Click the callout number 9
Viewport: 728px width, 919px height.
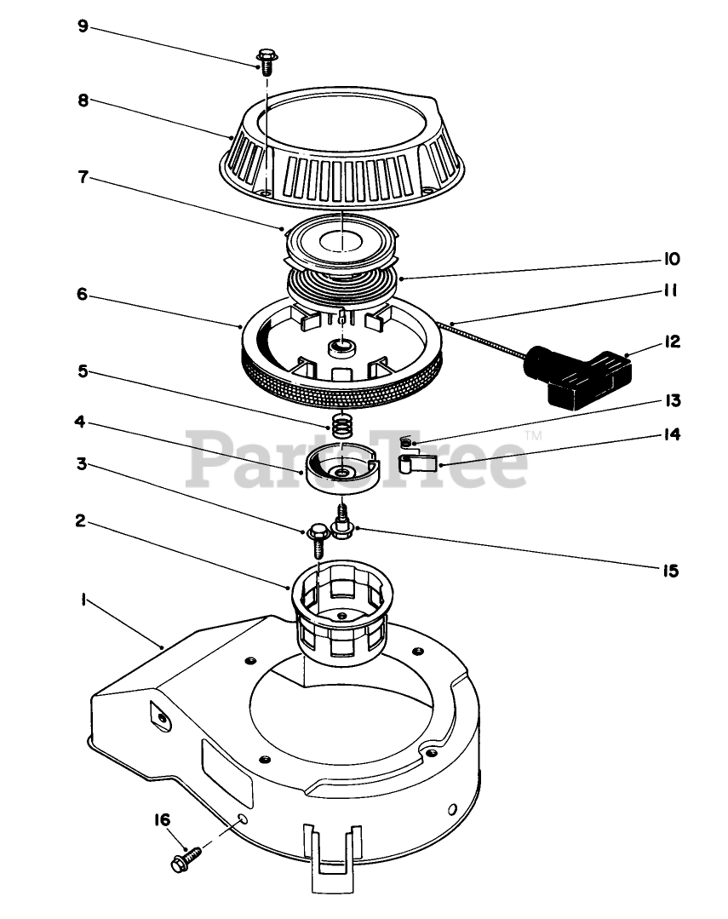pyautogui.click(x=83, y=26)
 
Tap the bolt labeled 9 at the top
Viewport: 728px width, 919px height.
pyautogui.click(x=265, y=60)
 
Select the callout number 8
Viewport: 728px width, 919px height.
pyautogui.click(x=83, y=99)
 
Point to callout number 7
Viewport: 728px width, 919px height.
pyautogui.click(x=83, y=181)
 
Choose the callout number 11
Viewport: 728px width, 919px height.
pyautogui.click(x=669, y=291)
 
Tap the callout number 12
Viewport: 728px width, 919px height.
pyautogui.click(x=672, y=342)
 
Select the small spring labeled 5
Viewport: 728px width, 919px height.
pyautogui.click(x=341, y=424)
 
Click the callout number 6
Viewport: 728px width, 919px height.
pyautogui.click(x=83, y=294)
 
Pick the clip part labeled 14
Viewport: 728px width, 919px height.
pyautogui.click(x=419, y=464)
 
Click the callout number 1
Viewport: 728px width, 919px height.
pyautogui.click(x=83, y=600)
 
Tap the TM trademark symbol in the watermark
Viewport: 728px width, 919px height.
pyautogui.click(x=534, y=435)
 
